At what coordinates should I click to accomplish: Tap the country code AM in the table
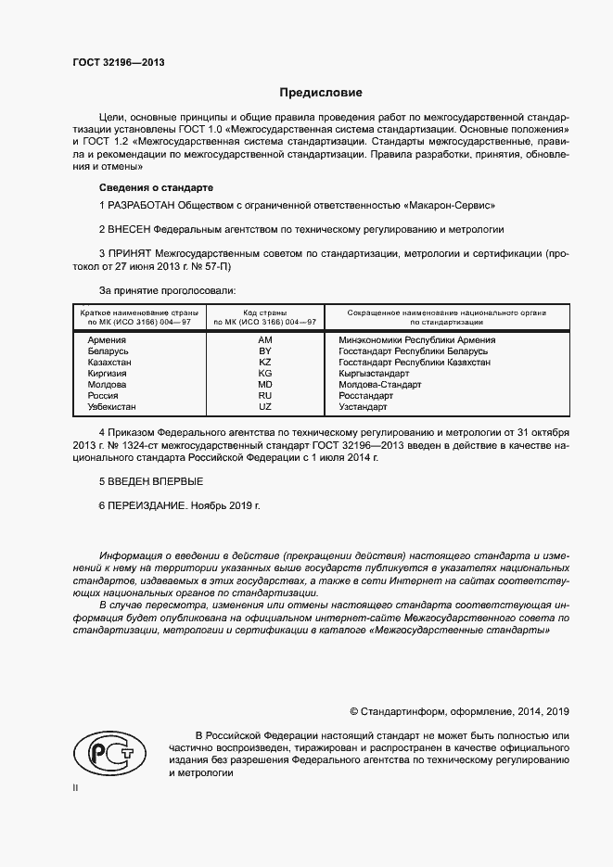pyautogui.click(x=264, y=339)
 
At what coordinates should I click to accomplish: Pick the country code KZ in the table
pyautogui.click(x=264, y=362)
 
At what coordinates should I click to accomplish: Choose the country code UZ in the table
pyautogui.click(x=264, y=406)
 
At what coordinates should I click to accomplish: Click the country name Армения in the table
pyautogui.click(x=107, y=339)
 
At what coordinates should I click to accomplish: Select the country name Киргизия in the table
pyautogui.click(x=107, y=373)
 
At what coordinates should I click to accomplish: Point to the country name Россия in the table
pyautogui.click(x=103, y=395)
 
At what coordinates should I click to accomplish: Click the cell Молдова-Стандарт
pyautogui.click(x=380, y=384)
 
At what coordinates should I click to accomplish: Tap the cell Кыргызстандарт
pyautogui.click(x=375, y=373)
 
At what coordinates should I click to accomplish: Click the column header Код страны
pyautogui.click(x=264, y=312)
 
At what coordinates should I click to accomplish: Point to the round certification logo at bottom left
pyautogui.click(x=105, y=750)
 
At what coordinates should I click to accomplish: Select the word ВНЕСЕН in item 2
pyautogui.click(x=128, y=227)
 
